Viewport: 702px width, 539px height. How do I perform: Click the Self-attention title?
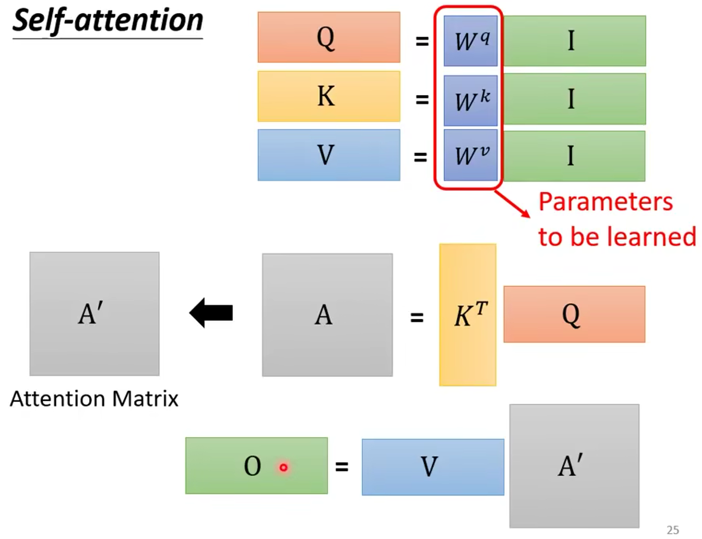click(108, 21)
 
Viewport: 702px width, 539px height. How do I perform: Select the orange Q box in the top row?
click(329, 37)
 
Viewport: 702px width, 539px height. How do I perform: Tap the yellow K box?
click(329, 96)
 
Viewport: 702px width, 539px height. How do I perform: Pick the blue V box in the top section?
click(329, 155)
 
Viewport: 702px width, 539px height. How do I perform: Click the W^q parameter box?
click(470, 41)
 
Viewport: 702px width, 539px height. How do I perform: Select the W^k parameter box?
click(470, 100)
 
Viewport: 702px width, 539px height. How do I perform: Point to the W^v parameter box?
click(470, 156)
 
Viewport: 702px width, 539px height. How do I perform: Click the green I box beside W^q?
click(574, 41)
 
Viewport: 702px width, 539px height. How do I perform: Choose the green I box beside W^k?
click(574, 99)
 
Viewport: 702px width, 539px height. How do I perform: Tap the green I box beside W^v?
click(574, 156)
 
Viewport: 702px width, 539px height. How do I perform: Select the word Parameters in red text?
click(605, 202)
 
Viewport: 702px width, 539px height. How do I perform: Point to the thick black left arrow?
click(211, 313)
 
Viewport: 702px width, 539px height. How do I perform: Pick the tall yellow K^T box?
click(467, 315)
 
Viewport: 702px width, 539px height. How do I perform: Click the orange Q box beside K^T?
click(574, 314)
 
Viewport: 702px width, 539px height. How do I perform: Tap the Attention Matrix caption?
click(94, 399)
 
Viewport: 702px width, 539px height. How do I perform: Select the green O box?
click(256, 465)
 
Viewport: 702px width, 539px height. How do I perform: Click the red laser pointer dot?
click(284, 467)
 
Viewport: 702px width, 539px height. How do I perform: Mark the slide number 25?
click(673, 530)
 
